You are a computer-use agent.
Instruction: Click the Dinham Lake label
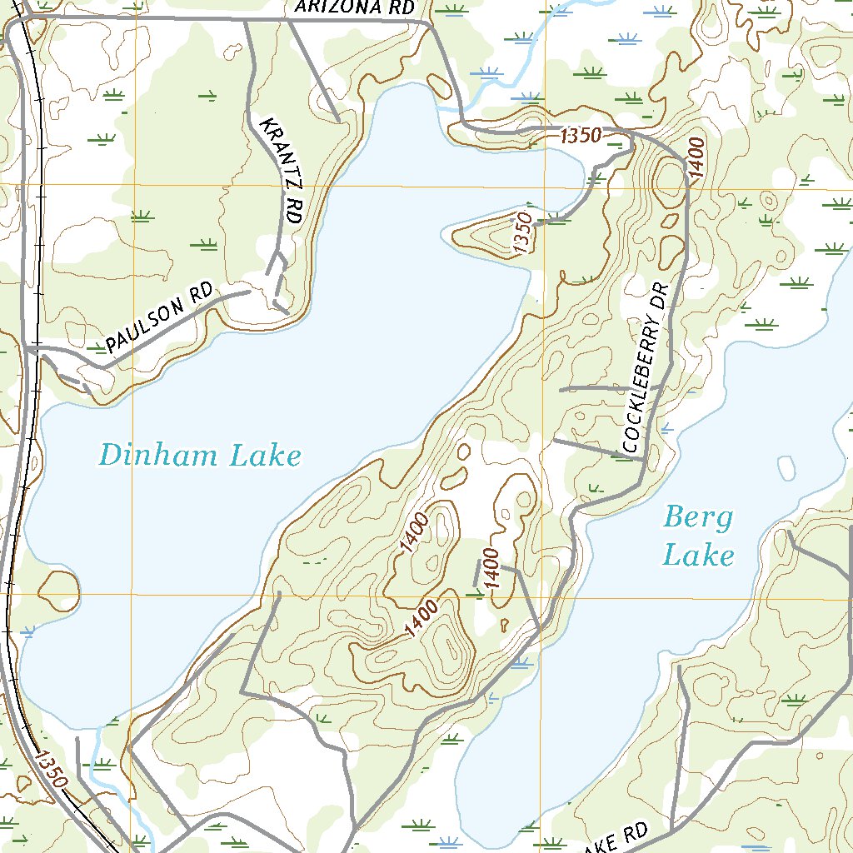pyautogui.click(x=200, y=456)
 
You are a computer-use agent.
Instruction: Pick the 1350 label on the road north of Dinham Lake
pyautogui.click(x=581, y=136)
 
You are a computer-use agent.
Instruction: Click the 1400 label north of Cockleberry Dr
pyautogui.click(x=695, y=157)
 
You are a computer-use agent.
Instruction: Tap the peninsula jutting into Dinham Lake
pyautogui.click(x=491, y=236)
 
